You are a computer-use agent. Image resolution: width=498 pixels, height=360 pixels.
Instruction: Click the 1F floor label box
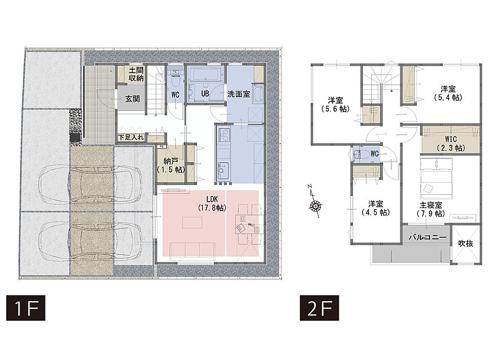(26, 308)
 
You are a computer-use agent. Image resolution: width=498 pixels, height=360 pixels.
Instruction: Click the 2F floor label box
(319, 308)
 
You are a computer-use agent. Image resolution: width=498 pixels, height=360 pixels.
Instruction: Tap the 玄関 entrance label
(132, 99)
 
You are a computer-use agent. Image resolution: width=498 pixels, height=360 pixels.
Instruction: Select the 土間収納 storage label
(136, 74)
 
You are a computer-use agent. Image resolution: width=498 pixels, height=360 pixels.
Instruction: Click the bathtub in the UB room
(206, 74)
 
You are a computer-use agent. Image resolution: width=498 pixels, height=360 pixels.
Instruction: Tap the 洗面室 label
(239, 94)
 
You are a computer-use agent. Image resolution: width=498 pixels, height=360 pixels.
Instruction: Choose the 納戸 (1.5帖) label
(171, 165)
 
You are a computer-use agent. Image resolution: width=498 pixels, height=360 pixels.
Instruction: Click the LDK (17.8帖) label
(212, 203)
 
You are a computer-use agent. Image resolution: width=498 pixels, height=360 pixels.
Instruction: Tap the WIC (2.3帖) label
(451, 143)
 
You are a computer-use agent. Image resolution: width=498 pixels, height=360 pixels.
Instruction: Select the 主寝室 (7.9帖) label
(431, 209)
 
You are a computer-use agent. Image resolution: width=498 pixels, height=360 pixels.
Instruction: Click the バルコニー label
(428, 237)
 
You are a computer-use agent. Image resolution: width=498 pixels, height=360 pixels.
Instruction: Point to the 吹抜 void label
(465, 243)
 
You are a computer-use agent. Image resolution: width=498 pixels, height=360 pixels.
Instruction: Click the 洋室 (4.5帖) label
(376, 208)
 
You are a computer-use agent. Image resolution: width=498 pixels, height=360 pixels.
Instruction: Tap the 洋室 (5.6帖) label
(335, 105)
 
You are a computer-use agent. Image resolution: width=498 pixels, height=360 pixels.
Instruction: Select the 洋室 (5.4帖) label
(448, 93)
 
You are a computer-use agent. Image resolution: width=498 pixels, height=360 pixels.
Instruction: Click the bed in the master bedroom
(436, 178)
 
